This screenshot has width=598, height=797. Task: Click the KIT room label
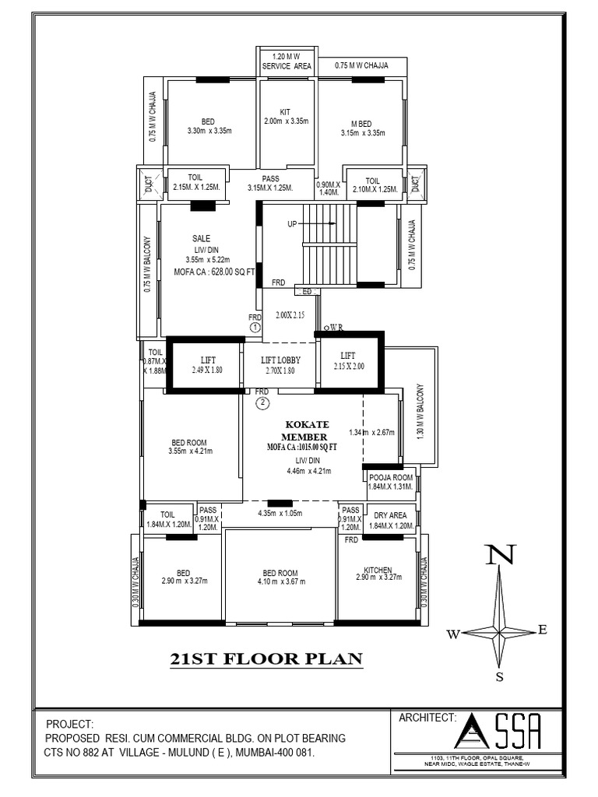pyautogui.click(x=286, y=112)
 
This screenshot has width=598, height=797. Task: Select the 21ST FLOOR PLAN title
pyautogui.click(x=266, y=659)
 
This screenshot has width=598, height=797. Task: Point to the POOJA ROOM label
pyautogui.click(x=390, y=476)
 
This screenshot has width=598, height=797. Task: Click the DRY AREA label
pyautogui.click(x=390, y=514)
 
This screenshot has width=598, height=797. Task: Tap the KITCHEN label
pyautogui.click(x=378, y=570)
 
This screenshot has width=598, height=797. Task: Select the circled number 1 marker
pyautogui.click(x=255, y=328)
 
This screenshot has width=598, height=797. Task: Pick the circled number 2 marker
pyautogui.click(x=263, y=402)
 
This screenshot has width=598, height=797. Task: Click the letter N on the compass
pyautogui.click(x=499, y=555)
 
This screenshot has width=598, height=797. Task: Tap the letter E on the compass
pyautogui.click(x=543, y=630)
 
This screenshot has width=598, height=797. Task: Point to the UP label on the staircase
pyautogui.click(x=293, y=223)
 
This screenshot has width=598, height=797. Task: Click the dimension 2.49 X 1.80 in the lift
pyautogui.click(x=207, y=370)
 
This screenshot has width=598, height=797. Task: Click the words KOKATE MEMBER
pyautogui.click(x=307, y=431)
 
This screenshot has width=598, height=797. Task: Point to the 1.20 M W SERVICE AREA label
pyautogui.click(x=285, y=61)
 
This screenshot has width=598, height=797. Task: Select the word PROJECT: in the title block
pyautogui.click(x=70, y=723)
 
